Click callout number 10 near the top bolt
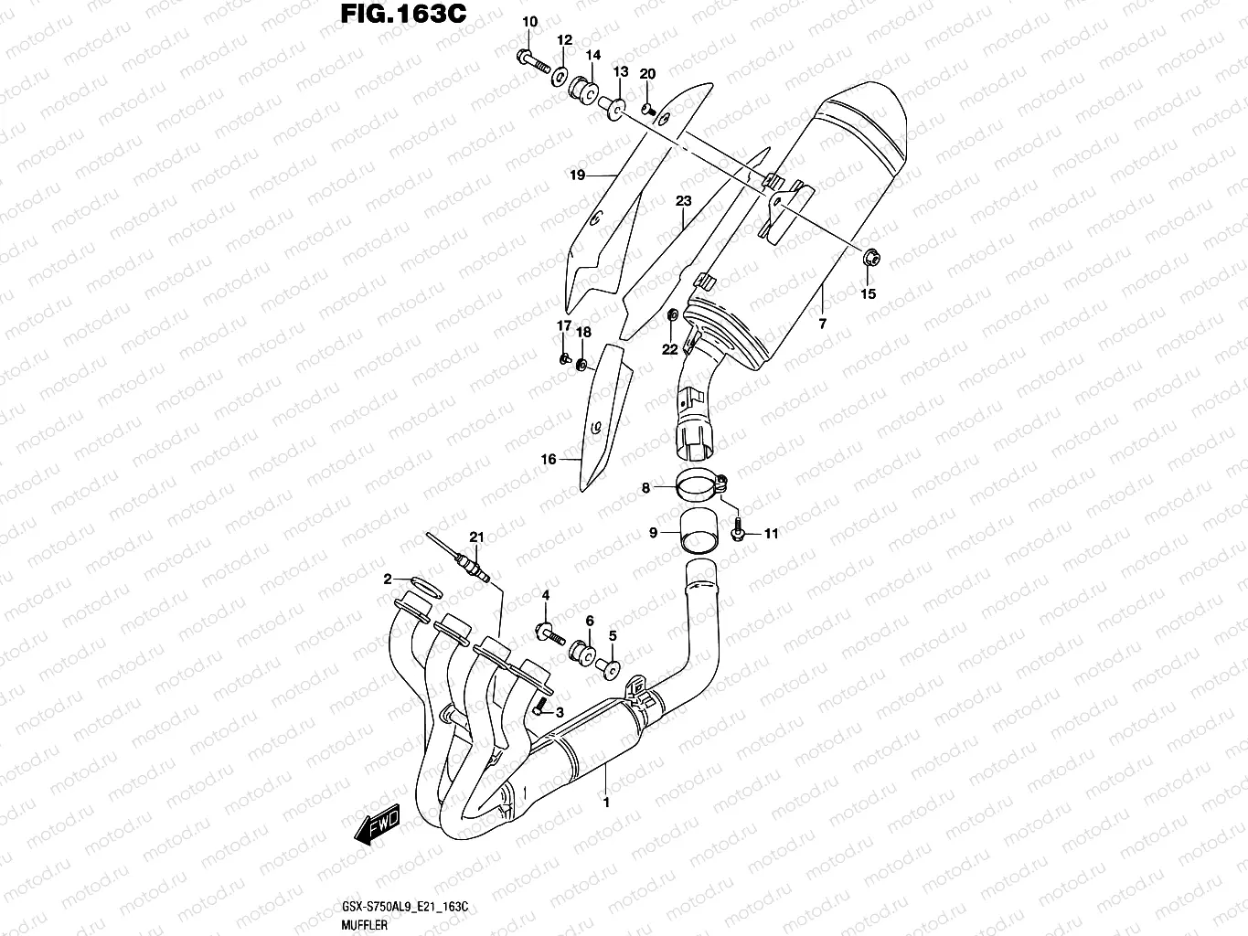pos(529,22)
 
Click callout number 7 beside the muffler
pos(822,324)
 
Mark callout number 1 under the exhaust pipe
pos(605,803)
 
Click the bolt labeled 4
pos(546,633)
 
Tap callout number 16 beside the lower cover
pos(548,460)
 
